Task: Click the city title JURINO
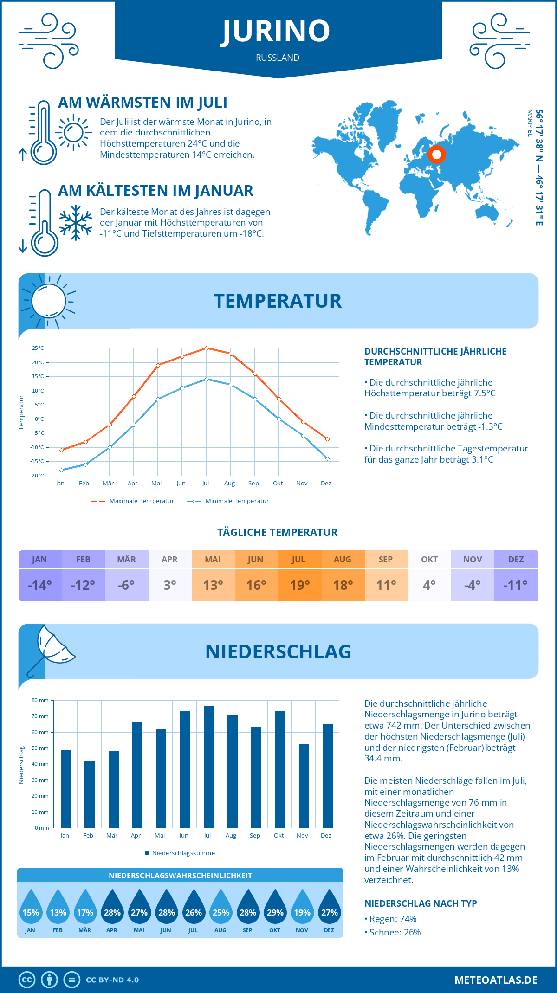point(276,31)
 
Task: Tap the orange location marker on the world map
point(436,154)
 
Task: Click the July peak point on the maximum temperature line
point(207,348)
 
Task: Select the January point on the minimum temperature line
point(61,470)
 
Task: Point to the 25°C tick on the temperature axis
point(38,348)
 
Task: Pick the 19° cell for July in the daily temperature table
point(299,585)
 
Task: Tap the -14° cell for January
point(40,585)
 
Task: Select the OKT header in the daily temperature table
point(429,560)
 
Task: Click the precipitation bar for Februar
point(90,794)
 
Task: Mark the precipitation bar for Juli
point(209,767)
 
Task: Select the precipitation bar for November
point(304,786)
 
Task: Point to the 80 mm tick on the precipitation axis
point(40,700)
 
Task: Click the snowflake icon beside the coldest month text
point(76,223)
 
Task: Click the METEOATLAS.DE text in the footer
point(496,980)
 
